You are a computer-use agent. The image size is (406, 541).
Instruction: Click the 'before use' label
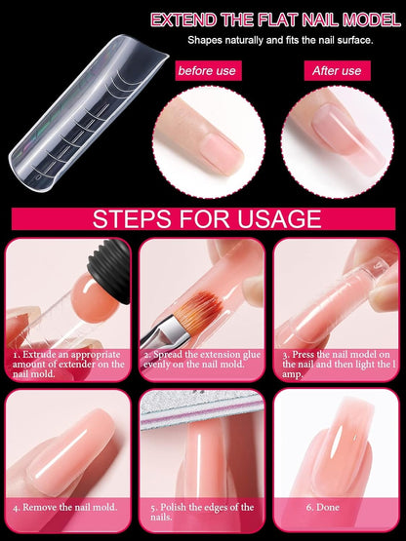[208, 71]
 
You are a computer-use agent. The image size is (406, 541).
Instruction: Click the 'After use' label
[337, 71]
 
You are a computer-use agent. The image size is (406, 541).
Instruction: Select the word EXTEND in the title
[184, 20]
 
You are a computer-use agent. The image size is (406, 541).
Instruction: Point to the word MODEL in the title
[372, 20]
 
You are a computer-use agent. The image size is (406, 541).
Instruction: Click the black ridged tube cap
[110, 270]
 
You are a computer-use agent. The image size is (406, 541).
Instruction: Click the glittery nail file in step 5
[201, 409]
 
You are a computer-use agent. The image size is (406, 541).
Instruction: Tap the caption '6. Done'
[322, 507]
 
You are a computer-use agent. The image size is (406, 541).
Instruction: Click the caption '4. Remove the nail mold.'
[65, 507]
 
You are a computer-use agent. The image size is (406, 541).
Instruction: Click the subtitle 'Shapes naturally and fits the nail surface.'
[280, 40]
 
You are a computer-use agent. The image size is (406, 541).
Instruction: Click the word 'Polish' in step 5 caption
[174, 507]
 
